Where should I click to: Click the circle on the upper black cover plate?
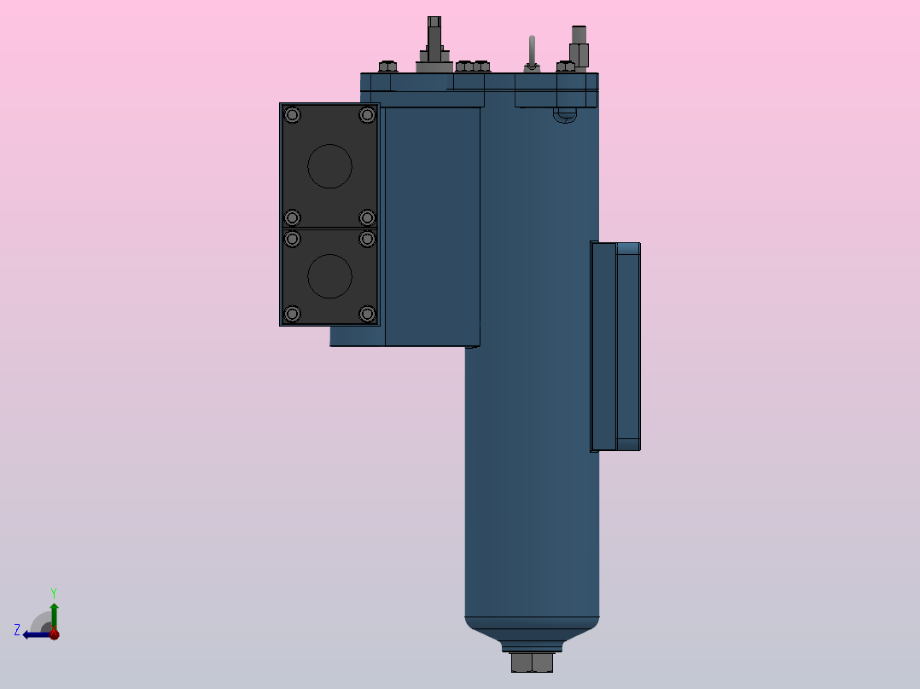click(329, 165)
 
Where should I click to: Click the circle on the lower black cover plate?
click(329, 276)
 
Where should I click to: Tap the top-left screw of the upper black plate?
click(293, 115)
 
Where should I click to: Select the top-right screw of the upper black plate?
click(367, 115)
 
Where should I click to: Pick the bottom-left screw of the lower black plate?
click(293, 315)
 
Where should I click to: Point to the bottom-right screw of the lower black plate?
click(367, 315)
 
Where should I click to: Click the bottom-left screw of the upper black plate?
click(293, 217)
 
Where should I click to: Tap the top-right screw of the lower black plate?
click(367, 239)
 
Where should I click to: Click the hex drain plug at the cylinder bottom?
click(532, 663)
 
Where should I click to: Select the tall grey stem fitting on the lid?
click(434, 43)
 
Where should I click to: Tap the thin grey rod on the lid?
click(532, 51)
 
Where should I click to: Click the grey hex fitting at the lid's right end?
click(579, 47)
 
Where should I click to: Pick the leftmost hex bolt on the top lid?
click(387, 67)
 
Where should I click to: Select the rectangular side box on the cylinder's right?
click(615, 346)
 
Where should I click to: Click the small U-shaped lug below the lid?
click(564, 115)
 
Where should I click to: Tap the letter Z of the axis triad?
click(17, 630)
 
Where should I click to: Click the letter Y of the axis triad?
click(54, 592)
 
